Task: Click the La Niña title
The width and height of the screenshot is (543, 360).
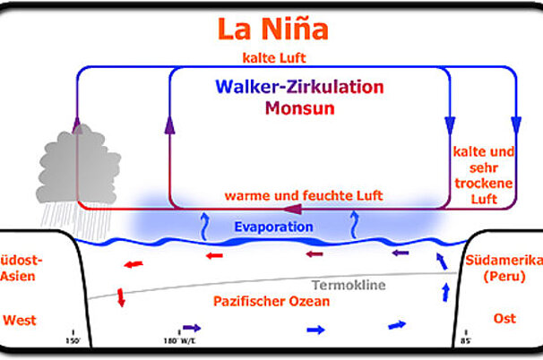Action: pyautogui.click(x=272, y=29)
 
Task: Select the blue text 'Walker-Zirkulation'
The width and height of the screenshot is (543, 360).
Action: pyautogui.click(x=299, y=88)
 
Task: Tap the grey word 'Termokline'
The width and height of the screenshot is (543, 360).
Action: pyautogui.click(x=349, y=284)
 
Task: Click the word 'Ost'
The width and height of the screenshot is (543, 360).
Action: pyautogui.click(x=505, y=319)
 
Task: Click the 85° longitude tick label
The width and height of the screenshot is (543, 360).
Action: pyautogui.click(x=466, y=340)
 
